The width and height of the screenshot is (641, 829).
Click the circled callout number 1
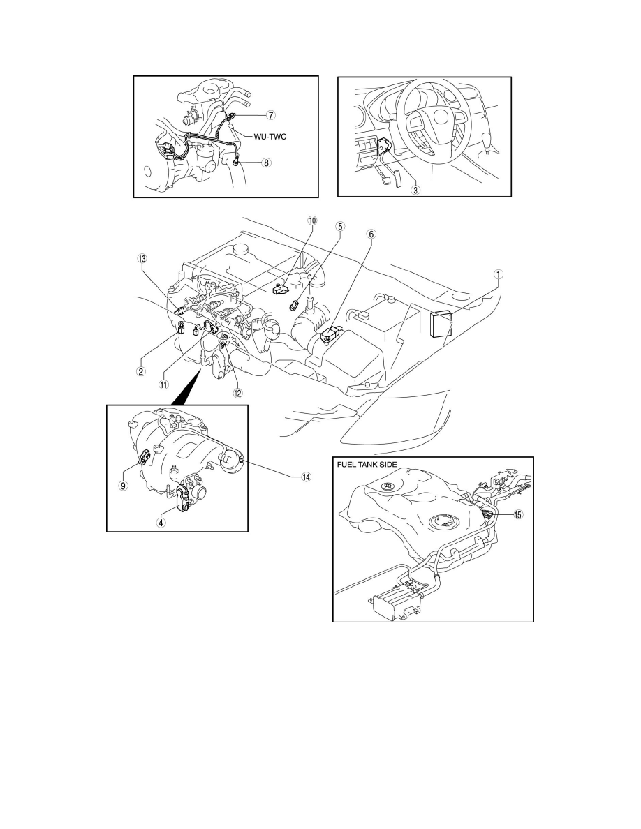tap(498, 274)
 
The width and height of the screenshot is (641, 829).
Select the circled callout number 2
tap(141, 371)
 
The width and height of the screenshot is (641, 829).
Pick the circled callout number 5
tap(340, 226)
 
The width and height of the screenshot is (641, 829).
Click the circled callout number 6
tap(370, 235)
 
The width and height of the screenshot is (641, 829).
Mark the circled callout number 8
tap(266, 163)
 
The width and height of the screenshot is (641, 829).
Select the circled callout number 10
tap(311, 220)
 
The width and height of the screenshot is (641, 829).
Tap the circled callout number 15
tap(517, 514)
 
